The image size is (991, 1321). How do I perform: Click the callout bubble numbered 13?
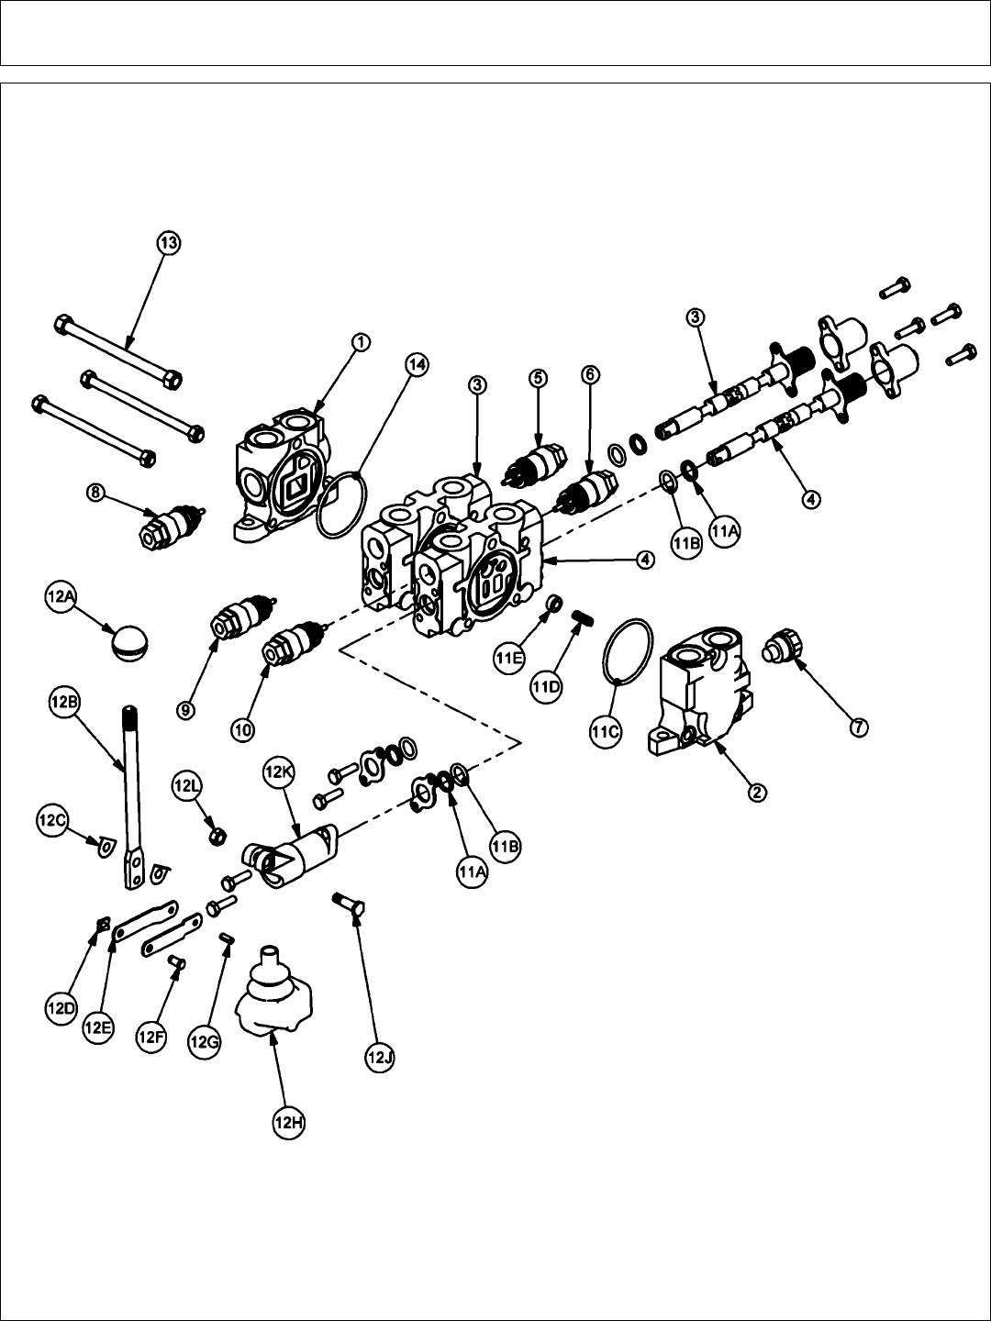click(x=167, y=243)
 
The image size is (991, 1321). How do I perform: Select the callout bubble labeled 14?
click(x=417, y=365)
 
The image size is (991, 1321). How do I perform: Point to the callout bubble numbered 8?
click(x=96, y=494)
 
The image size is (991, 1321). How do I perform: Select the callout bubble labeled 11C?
click(x=605, y=731)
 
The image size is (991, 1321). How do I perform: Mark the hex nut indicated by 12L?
click(x=217, y=836)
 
